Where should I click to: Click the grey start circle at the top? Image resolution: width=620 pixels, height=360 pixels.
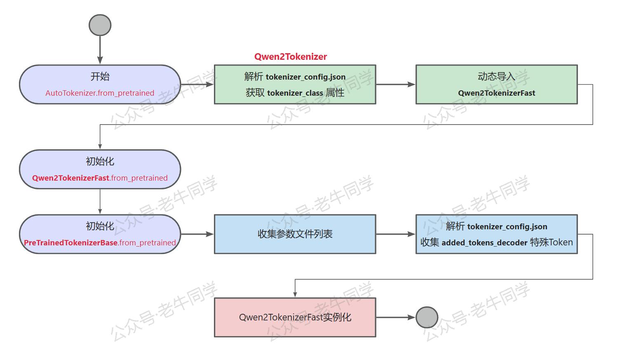tap(100, 25)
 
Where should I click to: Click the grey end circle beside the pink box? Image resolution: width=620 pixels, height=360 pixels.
tap(427, 318)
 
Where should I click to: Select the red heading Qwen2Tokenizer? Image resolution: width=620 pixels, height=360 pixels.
tap(290, 57)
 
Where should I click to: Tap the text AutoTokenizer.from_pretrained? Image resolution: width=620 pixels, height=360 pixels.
tap(100, 93)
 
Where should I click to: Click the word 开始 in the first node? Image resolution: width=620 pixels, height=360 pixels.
tap(100, 77)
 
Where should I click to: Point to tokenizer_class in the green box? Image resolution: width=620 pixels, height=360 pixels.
tap(295, 93)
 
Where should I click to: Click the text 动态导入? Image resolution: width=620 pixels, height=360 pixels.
tap(496, 77)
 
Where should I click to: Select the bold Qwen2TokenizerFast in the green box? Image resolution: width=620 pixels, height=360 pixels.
tap(496, 93)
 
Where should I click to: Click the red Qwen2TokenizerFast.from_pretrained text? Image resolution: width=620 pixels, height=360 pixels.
tap(100, 178)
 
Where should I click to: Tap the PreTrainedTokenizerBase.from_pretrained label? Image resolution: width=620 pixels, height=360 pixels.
tap(100, 243)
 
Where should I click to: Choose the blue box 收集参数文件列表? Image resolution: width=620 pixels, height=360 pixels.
tap(295, 234)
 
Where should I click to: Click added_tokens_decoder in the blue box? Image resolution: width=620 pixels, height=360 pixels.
tap(484, 243)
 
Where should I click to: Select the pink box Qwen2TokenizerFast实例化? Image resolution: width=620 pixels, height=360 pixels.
tap(295, 318)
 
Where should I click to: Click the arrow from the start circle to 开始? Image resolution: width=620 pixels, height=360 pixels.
tap(100, 49)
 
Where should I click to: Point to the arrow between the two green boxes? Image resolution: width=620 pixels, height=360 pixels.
tap(395, 85)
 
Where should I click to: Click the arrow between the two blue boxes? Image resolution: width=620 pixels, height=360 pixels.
tap(395, 234)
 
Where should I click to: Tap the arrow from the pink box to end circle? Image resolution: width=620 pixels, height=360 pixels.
tap(395, 318)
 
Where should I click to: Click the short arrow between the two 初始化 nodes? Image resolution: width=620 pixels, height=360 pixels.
tap(100, 202)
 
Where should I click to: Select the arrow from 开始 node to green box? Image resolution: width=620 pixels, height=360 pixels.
tap(197, 85)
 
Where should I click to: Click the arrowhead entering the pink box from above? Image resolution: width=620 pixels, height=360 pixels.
tap(295, 294)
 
